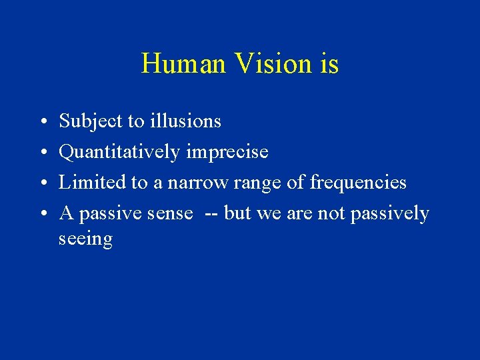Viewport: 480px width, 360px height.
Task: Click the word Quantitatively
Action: click(120, 153)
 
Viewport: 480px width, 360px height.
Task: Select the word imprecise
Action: click(227, 153)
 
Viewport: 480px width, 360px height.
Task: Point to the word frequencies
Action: click(358, 183)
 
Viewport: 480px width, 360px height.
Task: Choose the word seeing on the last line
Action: click(85, 239)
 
